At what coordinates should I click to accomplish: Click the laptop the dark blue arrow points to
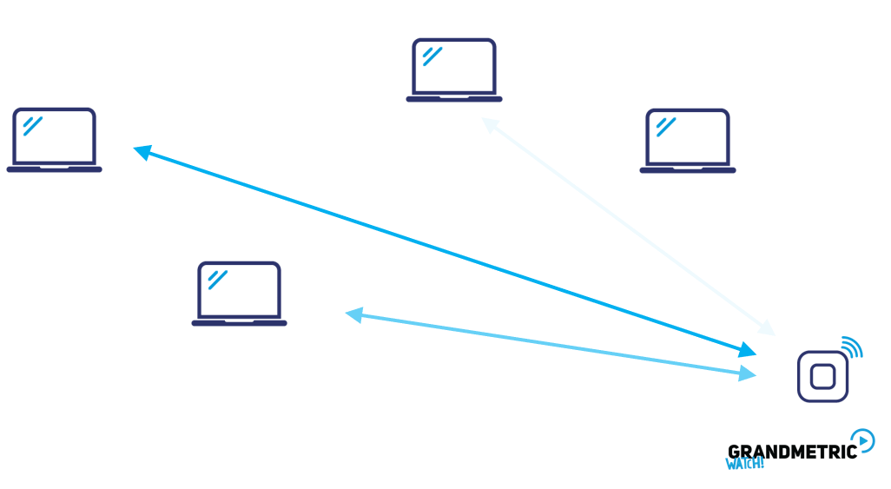click(x=54, y=139)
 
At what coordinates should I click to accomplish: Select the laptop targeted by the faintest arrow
click(x=453, y=69)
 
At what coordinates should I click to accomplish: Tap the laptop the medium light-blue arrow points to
click(x=239, y=293)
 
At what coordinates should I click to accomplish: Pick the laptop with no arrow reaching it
click(x=687, y=140)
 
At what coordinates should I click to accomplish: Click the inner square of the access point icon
click(x=822, y=376)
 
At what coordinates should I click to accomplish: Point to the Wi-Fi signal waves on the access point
click(x=853, y=347)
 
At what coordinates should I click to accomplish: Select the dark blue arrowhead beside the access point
click(x=747, y=351)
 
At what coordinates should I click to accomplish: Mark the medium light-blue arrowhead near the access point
click(x=746, y=374)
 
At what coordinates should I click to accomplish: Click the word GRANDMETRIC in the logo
click(x=791, y=451)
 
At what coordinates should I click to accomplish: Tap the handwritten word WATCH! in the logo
click(x=744, y=464)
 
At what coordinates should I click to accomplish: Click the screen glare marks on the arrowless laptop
click(x=666, y=127)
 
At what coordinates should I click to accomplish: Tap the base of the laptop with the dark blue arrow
click(x=54, y=169)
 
